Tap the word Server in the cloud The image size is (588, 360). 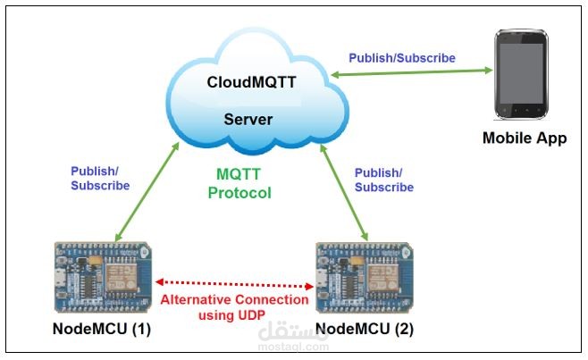(x=248, y=120)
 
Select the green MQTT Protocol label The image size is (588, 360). (x=239, y=183)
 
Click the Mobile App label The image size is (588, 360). (x=525, y=138)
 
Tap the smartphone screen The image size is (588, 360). (x=525, y=76)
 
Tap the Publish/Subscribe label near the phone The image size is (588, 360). (x=402, y=58)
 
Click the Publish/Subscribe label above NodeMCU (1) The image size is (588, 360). (x=100, y=179)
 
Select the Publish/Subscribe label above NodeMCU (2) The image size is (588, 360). (x=384, y=180)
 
